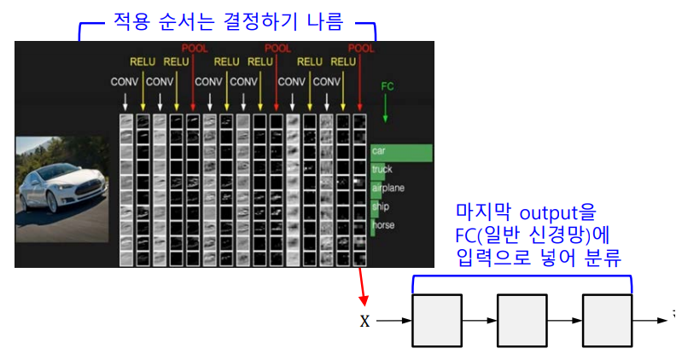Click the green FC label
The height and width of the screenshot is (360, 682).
pos(387,86)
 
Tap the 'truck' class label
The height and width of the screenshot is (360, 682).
pos(382,170)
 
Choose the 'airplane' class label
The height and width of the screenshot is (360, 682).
pos(388,188)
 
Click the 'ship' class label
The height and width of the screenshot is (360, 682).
pos(380,206)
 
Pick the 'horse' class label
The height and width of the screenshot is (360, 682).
pos(382,225)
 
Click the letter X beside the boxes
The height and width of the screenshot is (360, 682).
pos(365,322)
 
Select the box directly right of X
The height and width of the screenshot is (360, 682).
pos(437,321)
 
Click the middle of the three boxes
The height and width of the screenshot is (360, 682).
pos(522,321)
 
